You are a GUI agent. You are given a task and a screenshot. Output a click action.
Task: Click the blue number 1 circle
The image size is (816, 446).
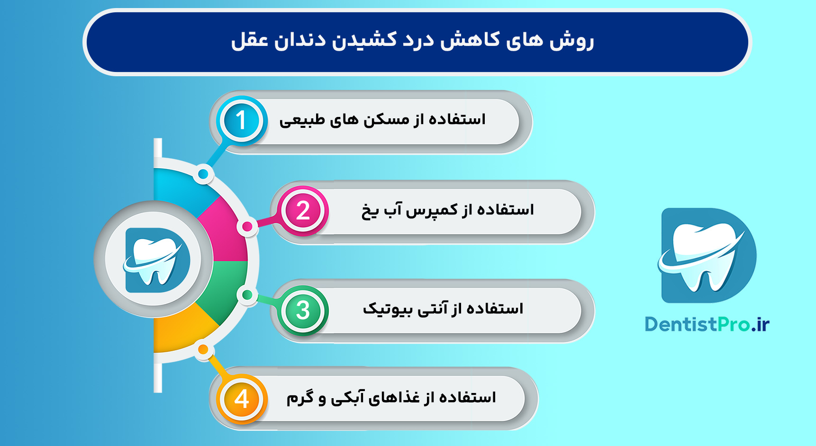tap(241, 120)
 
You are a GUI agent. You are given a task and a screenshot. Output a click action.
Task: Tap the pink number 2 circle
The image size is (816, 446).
tap(303, 211)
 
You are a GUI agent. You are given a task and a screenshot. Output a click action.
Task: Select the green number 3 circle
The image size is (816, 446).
tap(303, 311)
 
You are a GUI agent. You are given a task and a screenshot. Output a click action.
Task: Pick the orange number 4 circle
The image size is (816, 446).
tap(242, 399)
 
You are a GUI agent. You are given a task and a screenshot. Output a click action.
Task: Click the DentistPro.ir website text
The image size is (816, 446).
tap(707, 324)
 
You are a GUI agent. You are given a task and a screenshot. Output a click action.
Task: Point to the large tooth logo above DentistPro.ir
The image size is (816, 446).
tap(707, 255)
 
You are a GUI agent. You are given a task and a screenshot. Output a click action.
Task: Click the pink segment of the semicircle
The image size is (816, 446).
tap(225, 232)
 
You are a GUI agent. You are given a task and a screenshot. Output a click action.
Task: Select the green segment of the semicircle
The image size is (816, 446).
tap(225, 289)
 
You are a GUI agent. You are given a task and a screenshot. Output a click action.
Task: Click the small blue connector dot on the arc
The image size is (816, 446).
tap(203, 174)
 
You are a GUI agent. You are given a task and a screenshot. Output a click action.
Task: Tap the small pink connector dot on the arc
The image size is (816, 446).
tap(247, 227)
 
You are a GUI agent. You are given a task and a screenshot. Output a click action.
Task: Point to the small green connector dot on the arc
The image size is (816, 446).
tap(247, 295)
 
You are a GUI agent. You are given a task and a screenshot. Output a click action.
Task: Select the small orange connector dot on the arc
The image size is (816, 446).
tap(203, 350)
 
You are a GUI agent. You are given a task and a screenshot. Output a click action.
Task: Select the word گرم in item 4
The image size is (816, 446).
tap(300, 398)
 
